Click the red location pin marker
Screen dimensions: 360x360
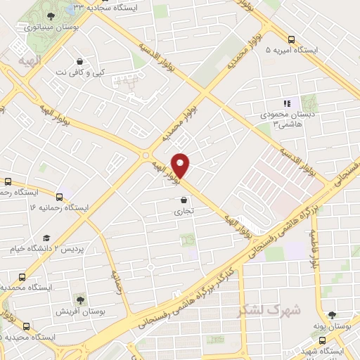[181, 165]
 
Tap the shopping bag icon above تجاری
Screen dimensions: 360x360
[184, 200]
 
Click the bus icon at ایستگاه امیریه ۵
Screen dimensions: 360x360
[290, 39]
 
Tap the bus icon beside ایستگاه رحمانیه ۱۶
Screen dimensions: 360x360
[59, 197]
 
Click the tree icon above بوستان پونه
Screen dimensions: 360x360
[332, 315]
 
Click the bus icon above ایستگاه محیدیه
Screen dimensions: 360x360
[27, 326]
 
